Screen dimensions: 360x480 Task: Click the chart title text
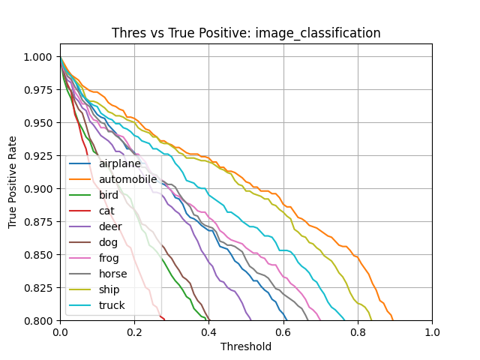pos(246,33)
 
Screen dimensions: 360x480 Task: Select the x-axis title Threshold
pos(246,346)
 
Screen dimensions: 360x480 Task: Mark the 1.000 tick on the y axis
pos(37,57)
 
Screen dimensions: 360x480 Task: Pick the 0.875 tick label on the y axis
pos(37,222)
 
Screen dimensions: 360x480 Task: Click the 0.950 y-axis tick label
pos(37,123)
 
